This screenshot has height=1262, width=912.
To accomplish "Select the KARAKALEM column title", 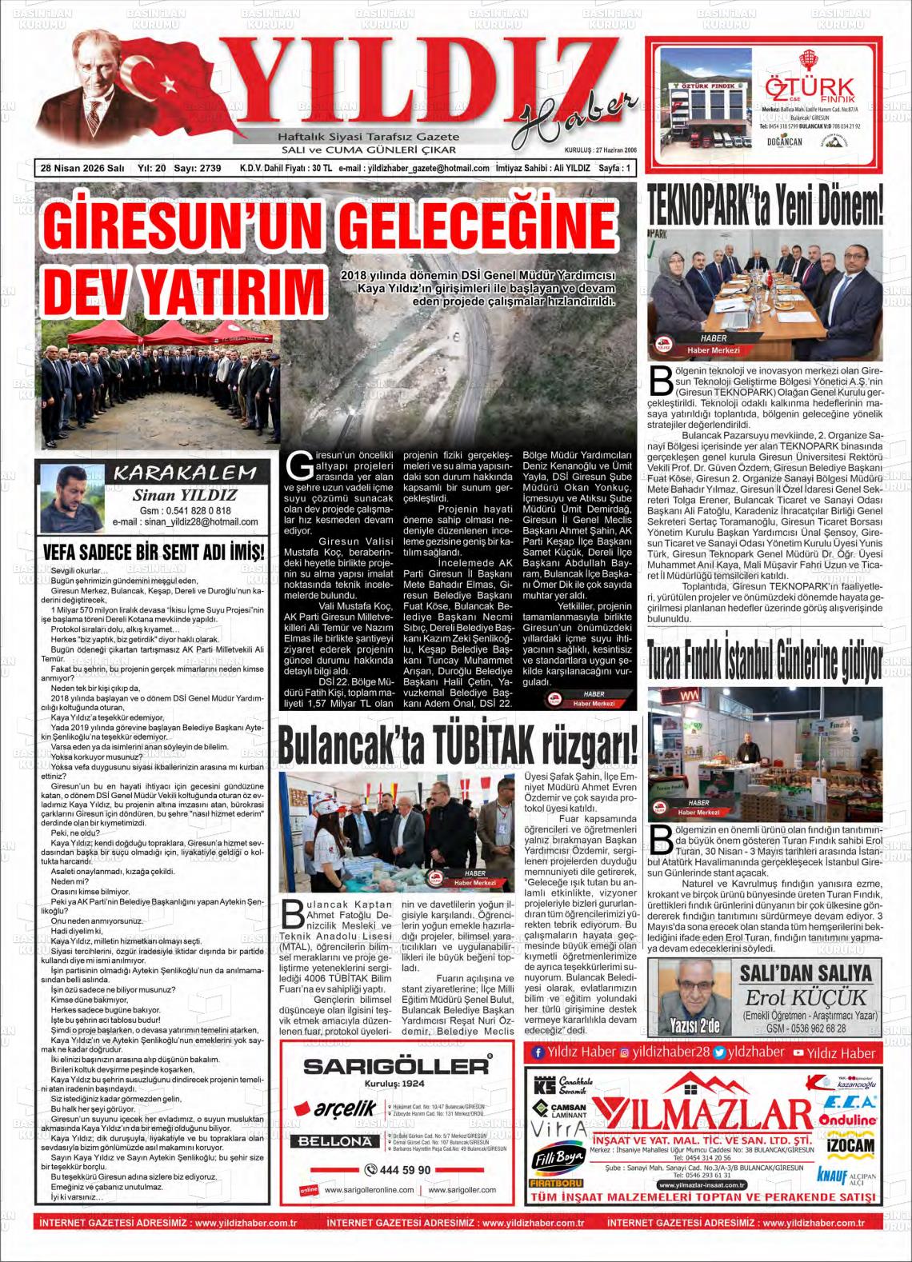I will pos(185,473).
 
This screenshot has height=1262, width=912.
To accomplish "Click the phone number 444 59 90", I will pos(398,1170).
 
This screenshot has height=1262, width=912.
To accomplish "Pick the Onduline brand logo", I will pos(848,1120).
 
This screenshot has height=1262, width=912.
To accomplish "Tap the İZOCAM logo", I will pos(848,1146).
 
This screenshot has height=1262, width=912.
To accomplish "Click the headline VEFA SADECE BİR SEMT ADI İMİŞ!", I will pos(152,553).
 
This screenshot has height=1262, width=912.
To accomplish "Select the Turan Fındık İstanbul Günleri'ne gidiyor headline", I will pos(766,661).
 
